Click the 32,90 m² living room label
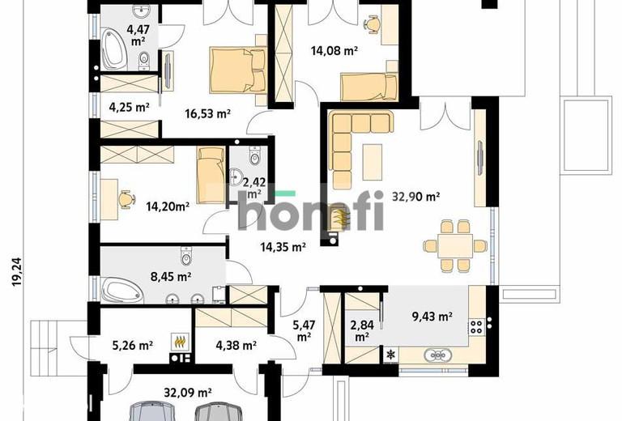pos(415,197)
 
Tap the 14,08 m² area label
pos(334,51)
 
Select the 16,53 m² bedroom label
pos(208,114)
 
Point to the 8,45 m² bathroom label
pos(171,276)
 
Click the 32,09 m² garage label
pos(188,393)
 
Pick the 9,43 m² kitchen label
pos(432,317)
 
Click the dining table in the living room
pos(455,246)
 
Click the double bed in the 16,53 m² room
pos(237,70)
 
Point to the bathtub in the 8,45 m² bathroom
pos(122,290)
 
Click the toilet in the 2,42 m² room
pos(253,155)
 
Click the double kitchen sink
pos(437,355)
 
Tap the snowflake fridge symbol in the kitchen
pos(391,354)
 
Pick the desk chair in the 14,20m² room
pos(126,198)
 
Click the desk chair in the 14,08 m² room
pos(372,23)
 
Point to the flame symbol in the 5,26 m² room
pos(180,341)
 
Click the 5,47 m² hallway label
pos(304,331)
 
